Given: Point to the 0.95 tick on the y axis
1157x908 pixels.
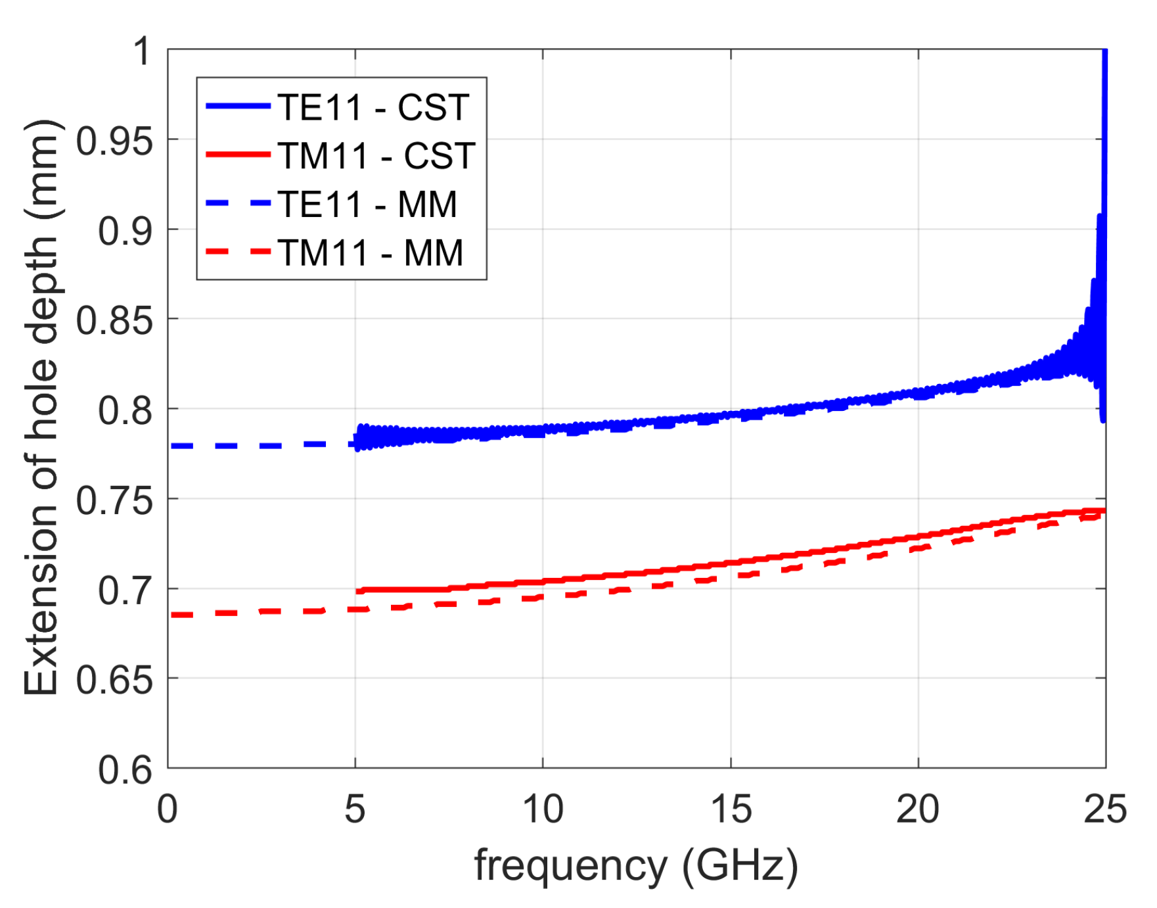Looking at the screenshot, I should [114, 140].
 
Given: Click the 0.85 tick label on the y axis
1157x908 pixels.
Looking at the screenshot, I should [114, 320].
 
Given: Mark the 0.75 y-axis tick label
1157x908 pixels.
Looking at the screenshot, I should [114, 500].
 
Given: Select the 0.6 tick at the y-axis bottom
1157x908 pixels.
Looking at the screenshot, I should [125, 769].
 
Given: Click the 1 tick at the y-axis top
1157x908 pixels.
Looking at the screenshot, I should [142, 51].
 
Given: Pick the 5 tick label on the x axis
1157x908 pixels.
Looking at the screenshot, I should [355, 809].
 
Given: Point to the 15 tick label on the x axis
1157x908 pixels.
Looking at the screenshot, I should [731, 809].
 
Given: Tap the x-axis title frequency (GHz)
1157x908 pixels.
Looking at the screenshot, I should [636, 865].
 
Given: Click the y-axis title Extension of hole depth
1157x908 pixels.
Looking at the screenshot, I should [41, 408].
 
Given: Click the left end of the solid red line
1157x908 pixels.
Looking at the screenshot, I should [358, 591].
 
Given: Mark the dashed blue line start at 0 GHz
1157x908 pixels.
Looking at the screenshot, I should [172, 446].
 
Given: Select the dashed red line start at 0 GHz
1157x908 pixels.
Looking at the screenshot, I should [172, 615].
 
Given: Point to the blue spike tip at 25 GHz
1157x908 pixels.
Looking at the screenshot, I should [1104, 53].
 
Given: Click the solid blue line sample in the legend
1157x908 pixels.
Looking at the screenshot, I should [238, 106].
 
